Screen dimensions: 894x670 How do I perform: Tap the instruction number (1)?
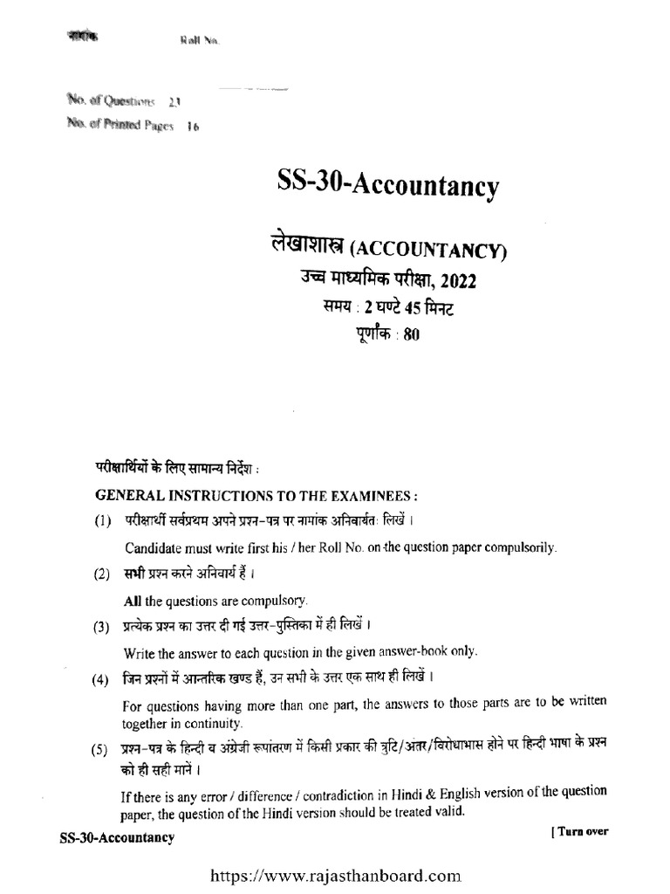tap(102, 522)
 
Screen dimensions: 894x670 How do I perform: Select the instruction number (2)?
tap(102, 575)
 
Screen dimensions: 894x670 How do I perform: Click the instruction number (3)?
tap(102, 626)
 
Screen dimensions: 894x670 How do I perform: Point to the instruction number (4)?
tap(102, 679)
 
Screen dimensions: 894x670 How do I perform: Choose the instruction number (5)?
tap(102, 750)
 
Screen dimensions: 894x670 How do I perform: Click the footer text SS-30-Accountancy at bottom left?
tap(116, 838)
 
